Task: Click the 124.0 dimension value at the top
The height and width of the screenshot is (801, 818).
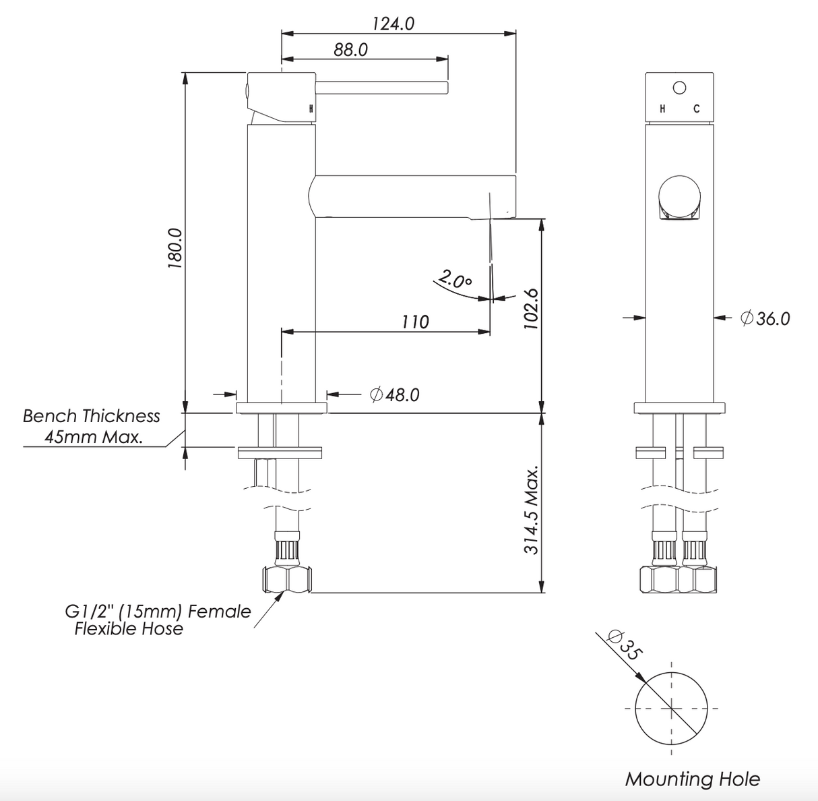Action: click(394, 24)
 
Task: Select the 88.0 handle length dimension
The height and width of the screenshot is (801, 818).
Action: click(350, 50)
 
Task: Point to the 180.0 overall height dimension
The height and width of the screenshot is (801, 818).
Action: click(175, 248)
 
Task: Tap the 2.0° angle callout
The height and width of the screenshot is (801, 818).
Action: click(455, 279)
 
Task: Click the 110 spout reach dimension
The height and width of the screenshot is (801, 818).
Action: click(415, 322)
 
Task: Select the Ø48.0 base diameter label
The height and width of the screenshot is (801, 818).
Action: click(395, 394)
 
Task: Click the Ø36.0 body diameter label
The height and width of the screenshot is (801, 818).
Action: click(765, 318)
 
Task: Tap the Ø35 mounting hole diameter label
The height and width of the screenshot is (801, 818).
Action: click(625, 643)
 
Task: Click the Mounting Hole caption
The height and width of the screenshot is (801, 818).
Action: click(692, 779)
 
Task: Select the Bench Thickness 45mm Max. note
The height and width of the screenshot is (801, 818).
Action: click(92, 426)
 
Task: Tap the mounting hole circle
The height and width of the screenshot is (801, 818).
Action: click(671, 708)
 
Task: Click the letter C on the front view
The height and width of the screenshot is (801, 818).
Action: click(697, 109)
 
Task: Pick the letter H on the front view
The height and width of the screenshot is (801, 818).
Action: click(663, 109)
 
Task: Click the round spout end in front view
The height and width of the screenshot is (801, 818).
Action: click(679, 196)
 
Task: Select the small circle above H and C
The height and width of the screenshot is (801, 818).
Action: click(679, 87)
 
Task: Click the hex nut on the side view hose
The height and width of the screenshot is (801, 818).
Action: click(286, 580)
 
